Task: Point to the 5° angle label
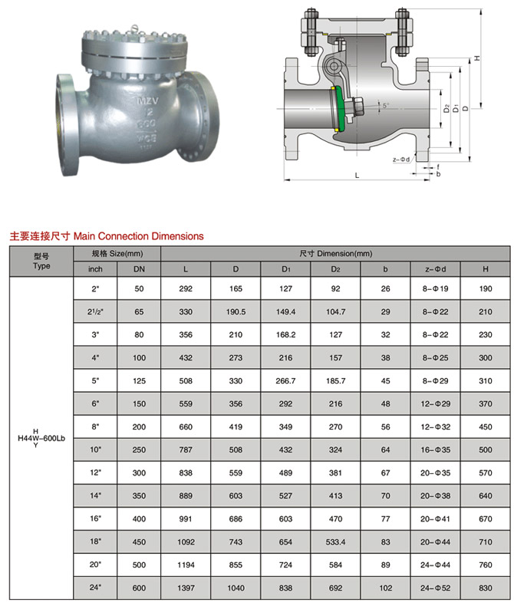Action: click(386, 105)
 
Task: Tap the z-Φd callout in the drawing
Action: click(400, 160)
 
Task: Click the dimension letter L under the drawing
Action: click(357, 175)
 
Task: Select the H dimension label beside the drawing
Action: click(478, 58)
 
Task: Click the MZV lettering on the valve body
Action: click(147, 100)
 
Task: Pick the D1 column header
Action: click(285, 269)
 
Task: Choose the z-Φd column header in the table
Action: click(436, 269)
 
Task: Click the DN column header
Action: click(139, 269)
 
